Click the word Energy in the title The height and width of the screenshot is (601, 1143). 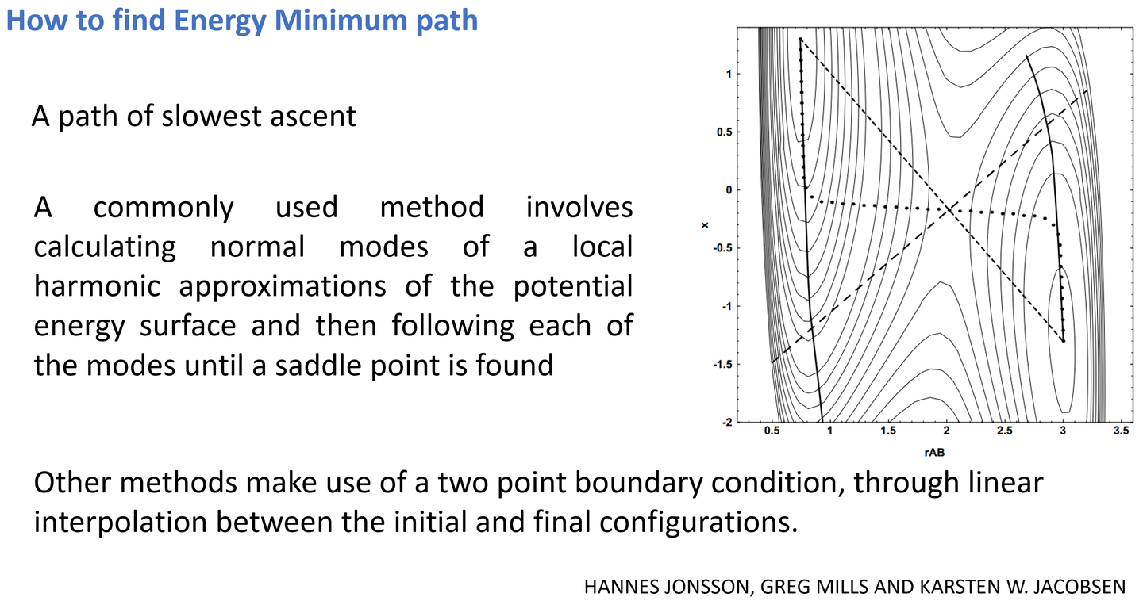pyautogui.click(x=219, y=21)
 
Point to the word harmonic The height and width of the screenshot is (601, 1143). pyautogui.click(x=97, y=286)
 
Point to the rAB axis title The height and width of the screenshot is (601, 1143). pyautogui.click(x=934, y=452)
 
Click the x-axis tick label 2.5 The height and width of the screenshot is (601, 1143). pyautogui.click(x=1004, y=431)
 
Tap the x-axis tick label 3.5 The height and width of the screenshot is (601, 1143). pyautogui.click(x=1121, y=431)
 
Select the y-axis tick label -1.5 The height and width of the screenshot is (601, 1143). pyautogui.click(x=722, y=365)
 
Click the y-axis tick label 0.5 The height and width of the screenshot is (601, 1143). pyautogui.click(x=725, y=132)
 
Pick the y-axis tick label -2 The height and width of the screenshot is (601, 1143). pyautogui.click(x=727, y=422)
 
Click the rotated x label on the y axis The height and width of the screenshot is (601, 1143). pyautogui.click(x=705, y=225)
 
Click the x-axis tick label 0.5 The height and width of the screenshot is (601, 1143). pyautogui.click(x=772, y=431)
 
